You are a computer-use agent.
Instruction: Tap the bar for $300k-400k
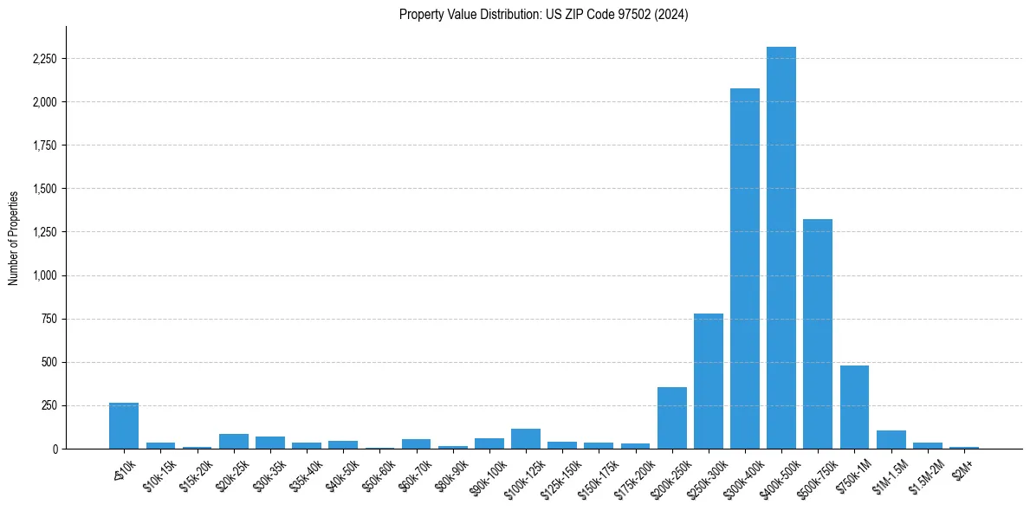click(x=745, y=268)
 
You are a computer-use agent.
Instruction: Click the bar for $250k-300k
click(x=709, y=381)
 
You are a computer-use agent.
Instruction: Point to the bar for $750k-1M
click(x=854, y=407)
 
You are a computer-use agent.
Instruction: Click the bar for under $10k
click(x=124, y=426)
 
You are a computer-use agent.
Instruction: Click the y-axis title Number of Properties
click(x=14, y=238)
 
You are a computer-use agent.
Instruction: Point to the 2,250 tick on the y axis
click(x=42, y=59)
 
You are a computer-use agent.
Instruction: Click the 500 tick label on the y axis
click(x=49, y=362)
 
